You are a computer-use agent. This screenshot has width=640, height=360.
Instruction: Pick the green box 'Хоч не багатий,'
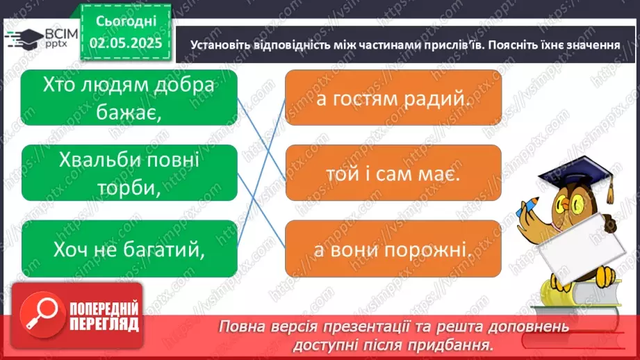tap(129, 248)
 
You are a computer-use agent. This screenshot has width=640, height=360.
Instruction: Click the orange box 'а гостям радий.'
tap(393, 98)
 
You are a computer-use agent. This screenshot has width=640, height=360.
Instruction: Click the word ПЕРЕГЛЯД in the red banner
tap(103, 323)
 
